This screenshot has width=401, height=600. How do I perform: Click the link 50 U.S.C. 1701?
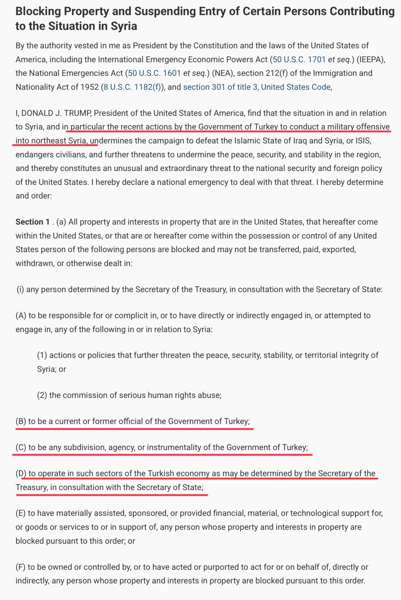(299, 59)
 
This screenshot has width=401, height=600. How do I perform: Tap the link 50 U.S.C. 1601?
(154, 73)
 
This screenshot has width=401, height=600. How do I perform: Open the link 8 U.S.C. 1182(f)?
(132, 87)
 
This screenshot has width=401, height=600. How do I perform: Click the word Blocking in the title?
(38, 11)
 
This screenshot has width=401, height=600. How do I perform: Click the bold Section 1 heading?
(32, 222)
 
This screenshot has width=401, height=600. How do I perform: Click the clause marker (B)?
(21, 421)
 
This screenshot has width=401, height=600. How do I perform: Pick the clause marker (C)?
(21, 447)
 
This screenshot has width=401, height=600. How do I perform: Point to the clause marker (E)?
(21, 513)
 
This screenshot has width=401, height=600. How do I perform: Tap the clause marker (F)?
(21, 567)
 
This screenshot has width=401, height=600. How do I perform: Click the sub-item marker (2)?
(42, 395)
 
